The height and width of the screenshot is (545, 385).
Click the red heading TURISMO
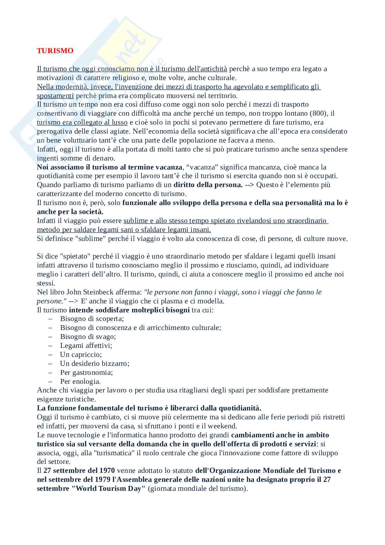[55, 51]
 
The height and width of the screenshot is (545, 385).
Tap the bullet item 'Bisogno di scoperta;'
[92, 319]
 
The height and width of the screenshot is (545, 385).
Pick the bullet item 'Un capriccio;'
[81, 354]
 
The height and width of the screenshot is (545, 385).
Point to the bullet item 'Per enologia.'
[80, 381]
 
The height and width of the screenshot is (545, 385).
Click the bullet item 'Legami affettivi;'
[86, 346]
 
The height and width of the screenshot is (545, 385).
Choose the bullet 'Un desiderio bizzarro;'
[95, 363]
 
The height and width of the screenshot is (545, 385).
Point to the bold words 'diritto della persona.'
[208, 185]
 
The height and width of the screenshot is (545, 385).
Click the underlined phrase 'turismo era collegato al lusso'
[82, 122]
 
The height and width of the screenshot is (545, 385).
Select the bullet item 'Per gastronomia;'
[86, 372]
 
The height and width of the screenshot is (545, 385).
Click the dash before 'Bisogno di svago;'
[50, 337]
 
